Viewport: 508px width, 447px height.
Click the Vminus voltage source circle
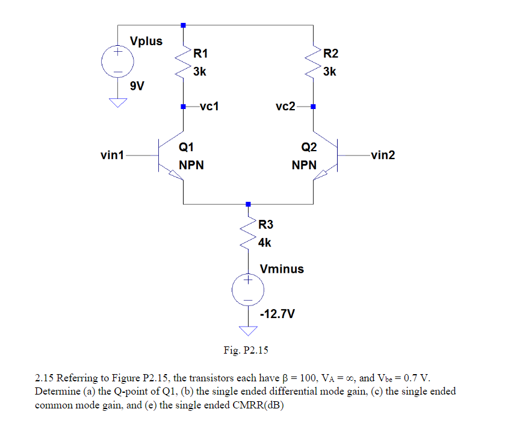248,289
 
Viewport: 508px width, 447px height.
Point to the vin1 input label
112,155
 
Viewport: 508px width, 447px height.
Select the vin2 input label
383,155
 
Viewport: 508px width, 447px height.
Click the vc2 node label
285,107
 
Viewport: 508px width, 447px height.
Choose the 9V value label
137,86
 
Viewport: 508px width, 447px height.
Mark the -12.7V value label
277,314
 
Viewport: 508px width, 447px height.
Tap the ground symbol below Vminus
248,330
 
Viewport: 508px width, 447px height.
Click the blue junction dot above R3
248,204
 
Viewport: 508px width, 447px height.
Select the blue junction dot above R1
183,25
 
